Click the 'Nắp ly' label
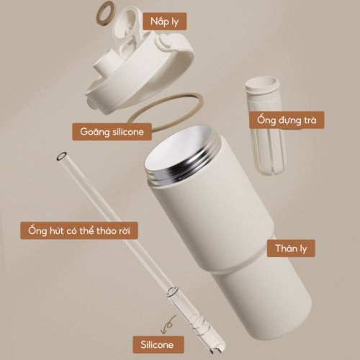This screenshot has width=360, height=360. point(164,22)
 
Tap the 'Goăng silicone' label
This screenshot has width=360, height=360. point(112,132)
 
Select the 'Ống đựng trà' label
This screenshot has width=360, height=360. point(287,120)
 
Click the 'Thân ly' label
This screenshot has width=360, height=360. point(291,248)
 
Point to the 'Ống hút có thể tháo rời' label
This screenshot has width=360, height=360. point(79,230)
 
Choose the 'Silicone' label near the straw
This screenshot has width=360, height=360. point(158,345)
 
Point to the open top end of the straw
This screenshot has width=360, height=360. point(62,156)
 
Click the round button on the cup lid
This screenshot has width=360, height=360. point(165,41)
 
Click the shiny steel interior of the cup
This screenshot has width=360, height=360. point(176,149)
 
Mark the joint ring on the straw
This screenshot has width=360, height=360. point(172,291)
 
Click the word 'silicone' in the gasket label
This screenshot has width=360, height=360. point(128,132)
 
